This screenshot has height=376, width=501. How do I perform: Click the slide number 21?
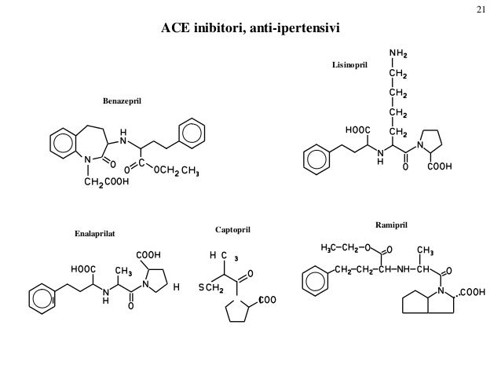(481, 9)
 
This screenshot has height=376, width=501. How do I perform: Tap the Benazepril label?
(124, 102)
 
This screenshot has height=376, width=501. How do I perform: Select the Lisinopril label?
(349, 69)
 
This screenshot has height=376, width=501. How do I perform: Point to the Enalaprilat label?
(94, 234)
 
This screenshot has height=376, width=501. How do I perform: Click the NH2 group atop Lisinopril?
(397, 55)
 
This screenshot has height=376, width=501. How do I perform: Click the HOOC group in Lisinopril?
(358, 130)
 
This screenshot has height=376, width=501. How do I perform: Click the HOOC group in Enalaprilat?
(84, 269)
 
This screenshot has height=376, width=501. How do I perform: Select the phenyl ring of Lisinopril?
(316, 159)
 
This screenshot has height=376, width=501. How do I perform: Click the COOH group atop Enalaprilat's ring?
(148, 255)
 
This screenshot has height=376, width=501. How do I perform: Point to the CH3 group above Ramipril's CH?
(426, 251)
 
